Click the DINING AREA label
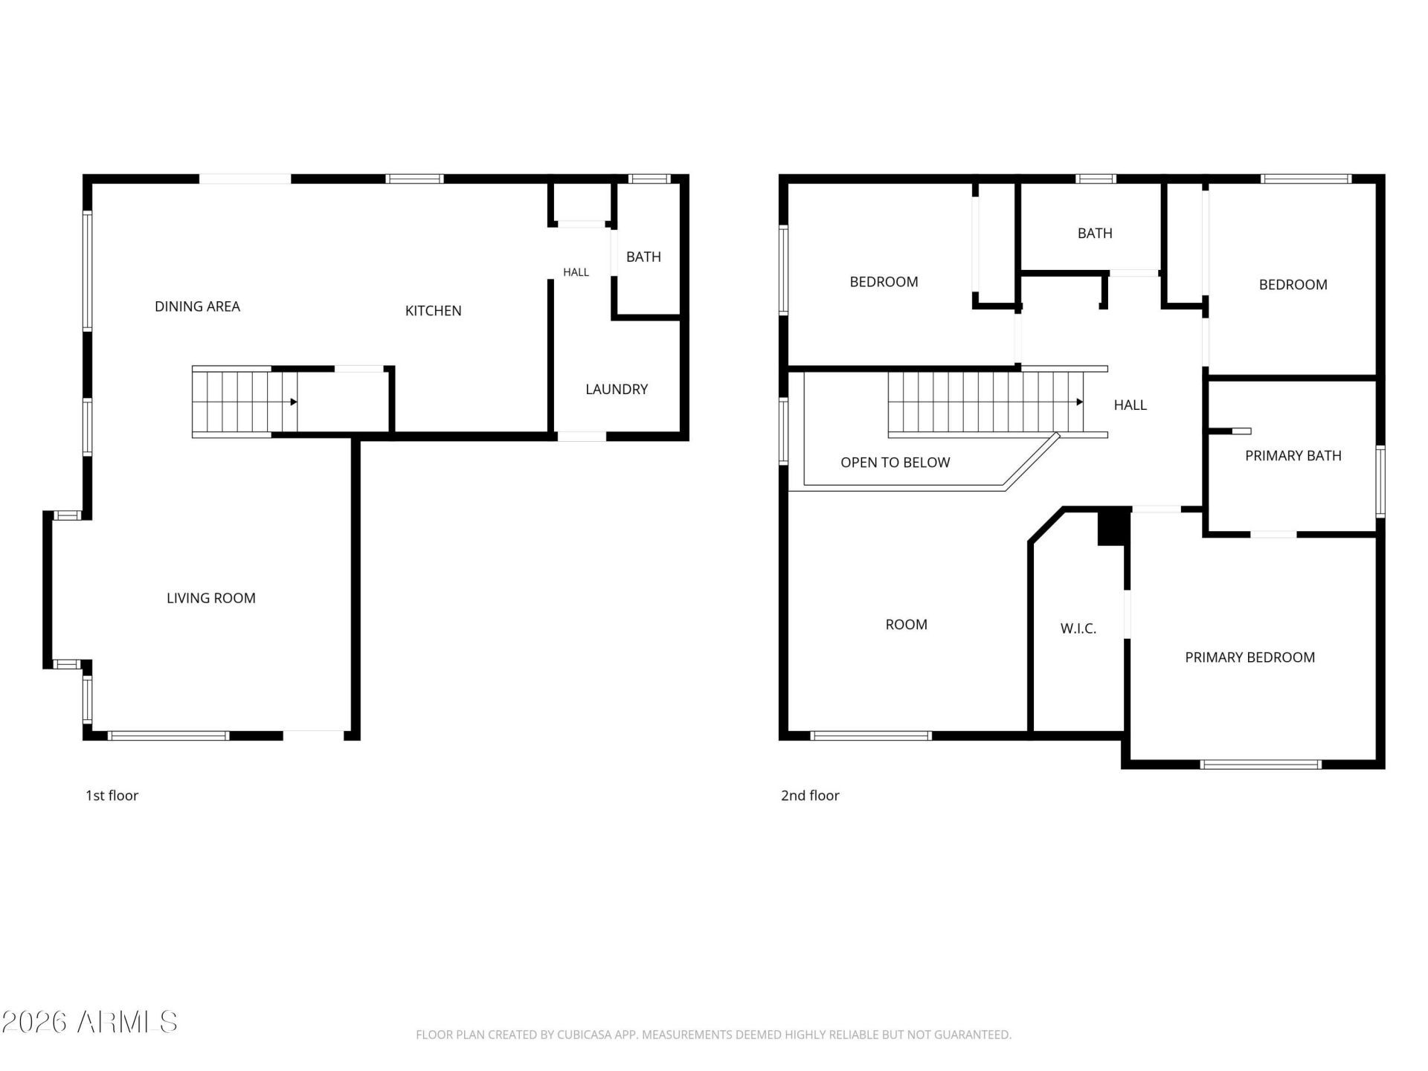tap(197, 306)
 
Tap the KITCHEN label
tap(433, 311)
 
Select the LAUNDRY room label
tap(617, 389)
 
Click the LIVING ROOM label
tap(211, 598)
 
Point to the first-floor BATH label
tap(643, 257)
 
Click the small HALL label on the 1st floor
tap(576, 272)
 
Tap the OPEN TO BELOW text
tap(895, 463)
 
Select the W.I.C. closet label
tap(1078, 628)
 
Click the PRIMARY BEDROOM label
tap(1249, 657)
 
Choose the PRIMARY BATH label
tap(1293, 456)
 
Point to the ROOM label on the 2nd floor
tap(906, 625)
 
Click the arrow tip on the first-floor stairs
tap(297, 402)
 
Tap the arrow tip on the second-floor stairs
tap(1082, 402)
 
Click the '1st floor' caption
tap(112, 796)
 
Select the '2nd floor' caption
tap(810, 796)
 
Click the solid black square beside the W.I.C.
tap(1112, 527)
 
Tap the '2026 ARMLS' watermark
tap(89, 1023)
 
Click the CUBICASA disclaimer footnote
tap(713, 1035)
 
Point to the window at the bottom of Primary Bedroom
tap(1261, 764)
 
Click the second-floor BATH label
tap(1095, 234)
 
